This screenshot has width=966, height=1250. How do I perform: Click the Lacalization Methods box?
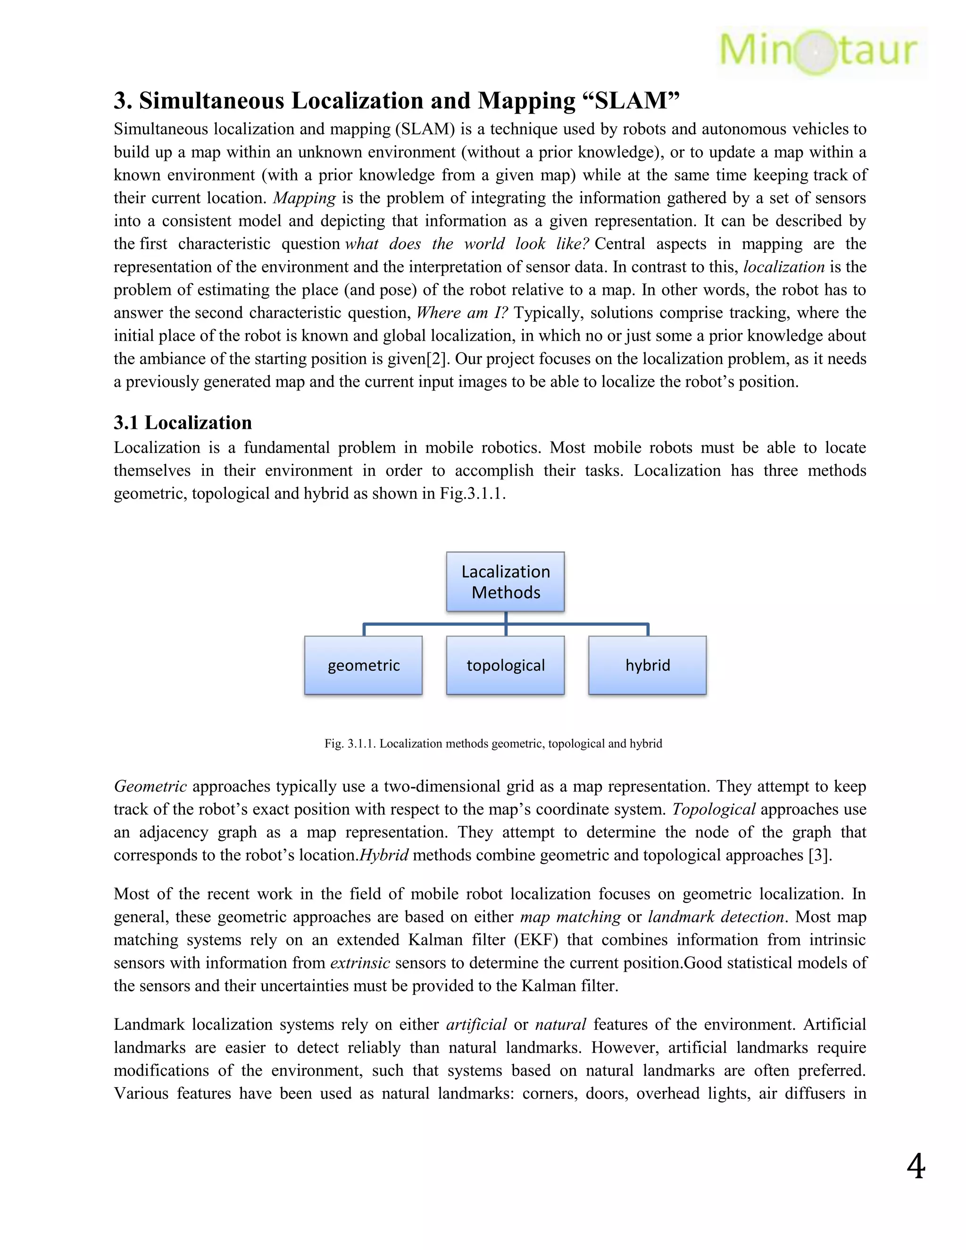click(x=505, y=582)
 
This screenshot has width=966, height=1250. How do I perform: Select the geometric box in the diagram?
click(x=363, y=665)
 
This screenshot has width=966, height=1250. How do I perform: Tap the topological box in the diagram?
click(x=505, y=665)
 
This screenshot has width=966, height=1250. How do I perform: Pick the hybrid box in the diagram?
click(x=647, y=665)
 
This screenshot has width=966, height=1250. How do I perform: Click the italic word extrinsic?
click(x=360, y=963)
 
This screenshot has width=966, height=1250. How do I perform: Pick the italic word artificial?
click(x=476, y=1025)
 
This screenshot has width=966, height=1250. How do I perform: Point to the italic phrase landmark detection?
click(x=716, y=917)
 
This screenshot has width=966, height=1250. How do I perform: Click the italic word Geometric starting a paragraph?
click(x=150, y=786)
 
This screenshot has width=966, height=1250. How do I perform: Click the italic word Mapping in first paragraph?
click(x=304, y=198)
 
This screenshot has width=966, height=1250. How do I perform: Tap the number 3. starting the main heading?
click(x=123, y=101)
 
